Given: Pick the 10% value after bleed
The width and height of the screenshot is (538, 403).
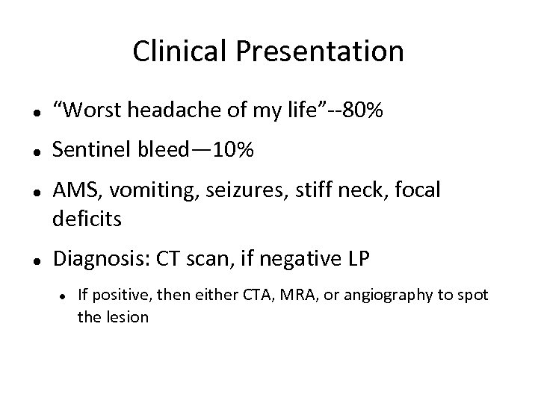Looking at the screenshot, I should (x=233, y=151).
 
